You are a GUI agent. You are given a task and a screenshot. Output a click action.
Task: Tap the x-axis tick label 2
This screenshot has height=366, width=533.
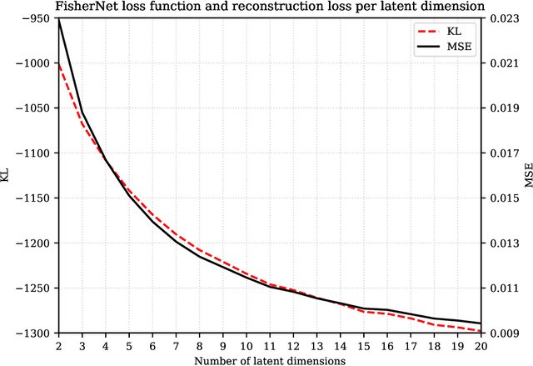58,346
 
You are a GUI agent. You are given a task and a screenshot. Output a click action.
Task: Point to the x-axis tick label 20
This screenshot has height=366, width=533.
482,346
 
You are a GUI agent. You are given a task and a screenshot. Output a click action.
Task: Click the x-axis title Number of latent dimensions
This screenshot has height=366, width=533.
270,359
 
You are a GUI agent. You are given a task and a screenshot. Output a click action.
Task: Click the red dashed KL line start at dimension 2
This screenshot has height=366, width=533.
58,63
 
